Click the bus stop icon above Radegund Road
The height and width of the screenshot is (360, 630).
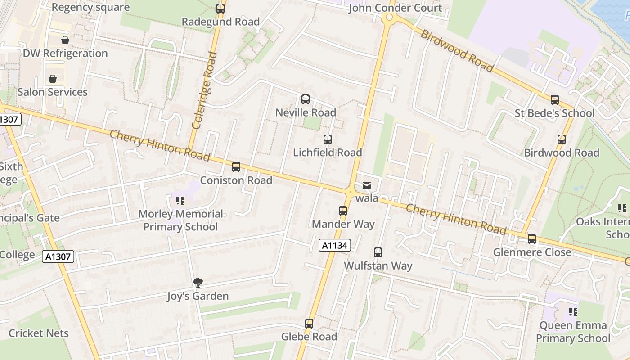[220, 8]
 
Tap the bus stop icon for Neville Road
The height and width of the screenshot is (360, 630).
[306, 99]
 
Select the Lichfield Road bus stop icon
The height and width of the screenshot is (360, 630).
[328, 139]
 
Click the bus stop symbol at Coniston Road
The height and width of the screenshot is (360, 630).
[236, 167]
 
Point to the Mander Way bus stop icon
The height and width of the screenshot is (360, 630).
[343, 211]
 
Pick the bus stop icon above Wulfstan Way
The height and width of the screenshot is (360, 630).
[378, 252]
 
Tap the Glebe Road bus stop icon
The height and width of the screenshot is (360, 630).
[309, 323]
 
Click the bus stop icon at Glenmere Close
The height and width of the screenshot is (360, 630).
[532, 239]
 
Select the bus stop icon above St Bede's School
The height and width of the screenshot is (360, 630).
[555, 100]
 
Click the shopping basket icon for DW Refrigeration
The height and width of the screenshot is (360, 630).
[65, 40]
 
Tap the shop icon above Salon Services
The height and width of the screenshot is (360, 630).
[53, 79]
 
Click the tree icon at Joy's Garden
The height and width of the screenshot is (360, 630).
[198, 283]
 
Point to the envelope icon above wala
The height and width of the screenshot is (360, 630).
[367, 185]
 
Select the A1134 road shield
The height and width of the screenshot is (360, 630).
[334, 245]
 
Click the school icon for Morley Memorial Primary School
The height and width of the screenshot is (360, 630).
[180, 201]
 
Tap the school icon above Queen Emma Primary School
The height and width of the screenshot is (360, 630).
[573, 311]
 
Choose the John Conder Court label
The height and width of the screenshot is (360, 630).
[396, 8]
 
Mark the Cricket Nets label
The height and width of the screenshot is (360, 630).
[39, 333]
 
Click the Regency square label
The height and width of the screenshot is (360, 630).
[90, 7]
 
